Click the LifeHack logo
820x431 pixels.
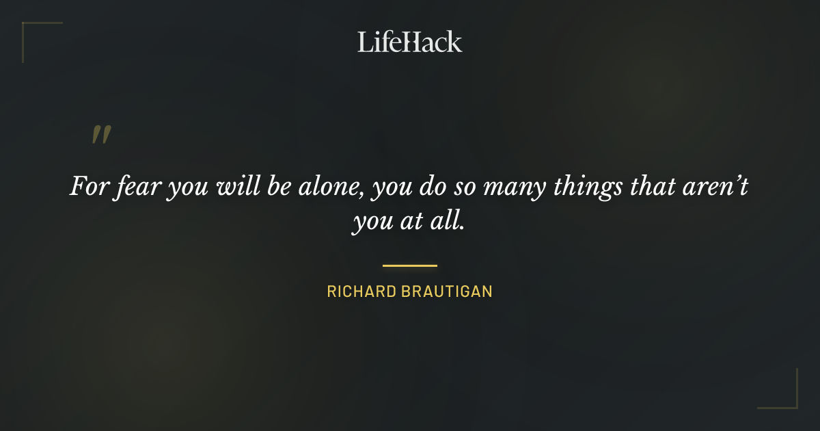coord(409,42)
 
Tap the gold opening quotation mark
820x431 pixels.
coord(100,135)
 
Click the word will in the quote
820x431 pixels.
coord(236,187)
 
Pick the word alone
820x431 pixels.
coord(331,187)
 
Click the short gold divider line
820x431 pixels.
coord(409,265)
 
